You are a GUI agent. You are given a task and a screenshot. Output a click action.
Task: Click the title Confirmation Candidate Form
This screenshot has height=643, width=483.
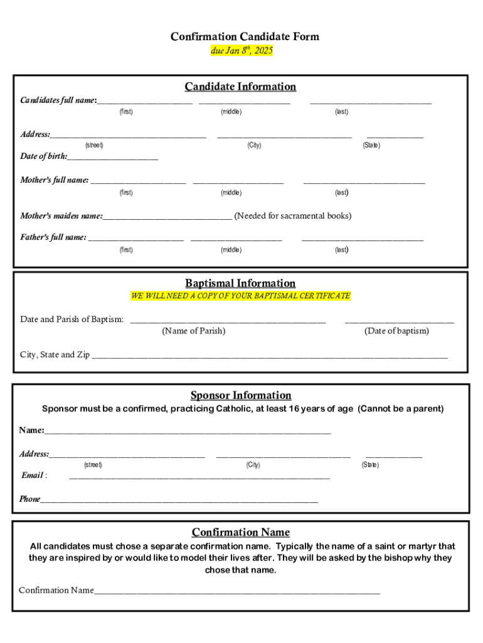coord(245,37)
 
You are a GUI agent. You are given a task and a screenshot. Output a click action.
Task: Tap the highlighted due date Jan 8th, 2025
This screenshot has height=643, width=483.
coord(242,51)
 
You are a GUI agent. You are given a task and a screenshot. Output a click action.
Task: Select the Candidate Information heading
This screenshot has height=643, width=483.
coord(240,87)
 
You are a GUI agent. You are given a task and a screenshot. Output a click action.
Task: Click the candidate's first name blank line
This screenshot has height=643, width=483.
coord(144,101)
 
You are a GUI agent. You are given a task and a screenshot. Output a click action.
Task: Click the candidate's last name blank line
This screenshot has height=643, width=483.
coord(371,101)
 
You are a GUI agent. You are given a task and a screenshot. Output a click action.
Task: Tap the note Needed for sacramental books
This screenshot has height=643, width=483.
coord(292,216)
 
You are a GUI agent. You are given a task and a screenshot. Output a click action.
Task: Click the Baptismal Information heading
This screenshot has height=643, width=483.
coord(240,283)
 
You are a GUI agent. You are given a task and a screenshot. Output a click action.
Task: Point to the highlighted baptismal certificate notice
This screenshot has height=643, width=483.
coord(240,296)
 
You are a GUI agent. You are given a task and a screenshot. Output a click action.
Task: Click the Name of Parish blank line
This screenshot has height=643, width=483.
coord(228,321)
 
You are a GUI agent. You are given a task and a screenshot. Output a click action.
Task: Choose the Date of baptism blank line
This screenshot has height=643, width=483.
coord(399,321)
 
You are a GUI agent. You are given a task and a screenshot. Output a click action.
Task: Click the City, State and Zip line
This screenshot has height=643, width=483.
coord(270,356)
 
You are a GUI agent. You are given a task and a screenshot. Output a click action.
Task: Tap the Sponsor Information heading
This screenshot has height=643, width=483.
coord(241,396)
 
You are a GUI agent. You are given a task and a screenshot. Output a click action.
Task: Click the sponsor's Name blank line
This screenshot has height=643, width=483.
coord(188,432)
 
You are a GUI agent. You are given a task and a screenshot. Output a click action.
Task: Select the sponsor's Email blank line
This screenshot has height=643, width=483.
coord(199,477)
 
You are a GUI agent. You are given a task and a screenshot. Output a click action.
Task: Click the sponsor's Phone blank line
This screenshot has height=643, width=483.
coord(179,501)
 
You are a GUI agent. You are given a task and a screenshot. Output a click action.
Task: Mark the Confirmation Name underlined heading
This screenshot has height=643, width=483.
coord(241,532)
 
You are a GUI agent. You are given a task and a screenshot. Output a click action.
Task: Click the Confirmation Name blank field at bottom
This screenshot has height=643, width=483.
coord(236,592)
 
